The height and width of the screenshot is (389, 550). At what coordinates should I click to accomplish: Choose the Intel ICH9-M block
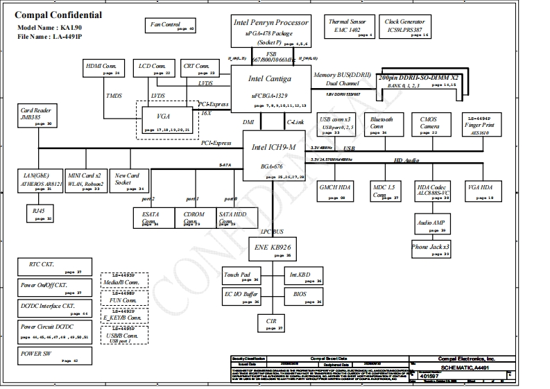(x=275, y=157)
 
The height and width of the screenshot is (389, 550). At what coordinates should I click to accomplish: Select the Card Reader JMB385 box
(x=36, y=116)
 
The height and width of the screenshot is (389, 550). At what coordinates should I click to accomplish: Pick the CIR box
(x=270, y=323)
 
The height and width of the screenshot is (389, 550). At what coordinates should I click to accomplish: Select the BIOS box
(x=303, y=297)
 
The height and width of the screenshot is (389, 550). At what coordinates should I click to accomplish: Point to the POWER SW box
(x=53, y=356)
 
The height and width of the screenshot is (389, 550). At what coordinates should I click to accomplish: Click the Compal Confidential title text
(x=58, y=15)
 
